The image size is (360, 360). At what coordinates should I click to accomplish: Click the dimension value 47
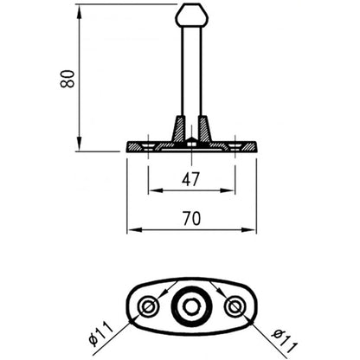coord(191,179)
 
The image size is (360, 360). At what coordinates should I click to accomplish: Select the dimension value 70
coord(191,219)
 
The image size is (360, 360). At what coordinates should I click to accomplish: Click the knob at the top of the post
coord(190,16)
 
